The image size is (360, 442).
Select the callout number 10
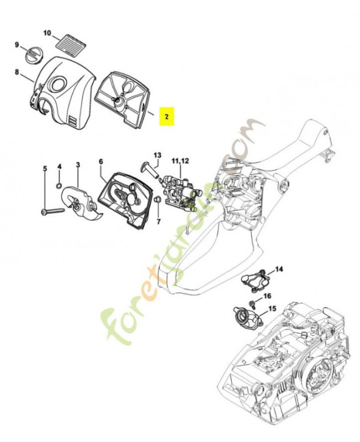tap(47, 33)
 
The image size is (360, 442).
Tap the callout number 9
tap(17, 45)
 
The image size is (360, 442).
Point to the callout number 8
tap(17, 72)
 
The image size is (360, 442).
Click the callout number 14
tap(279, 269)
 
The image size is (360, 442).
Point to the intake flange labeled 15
tap(243, 317)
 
